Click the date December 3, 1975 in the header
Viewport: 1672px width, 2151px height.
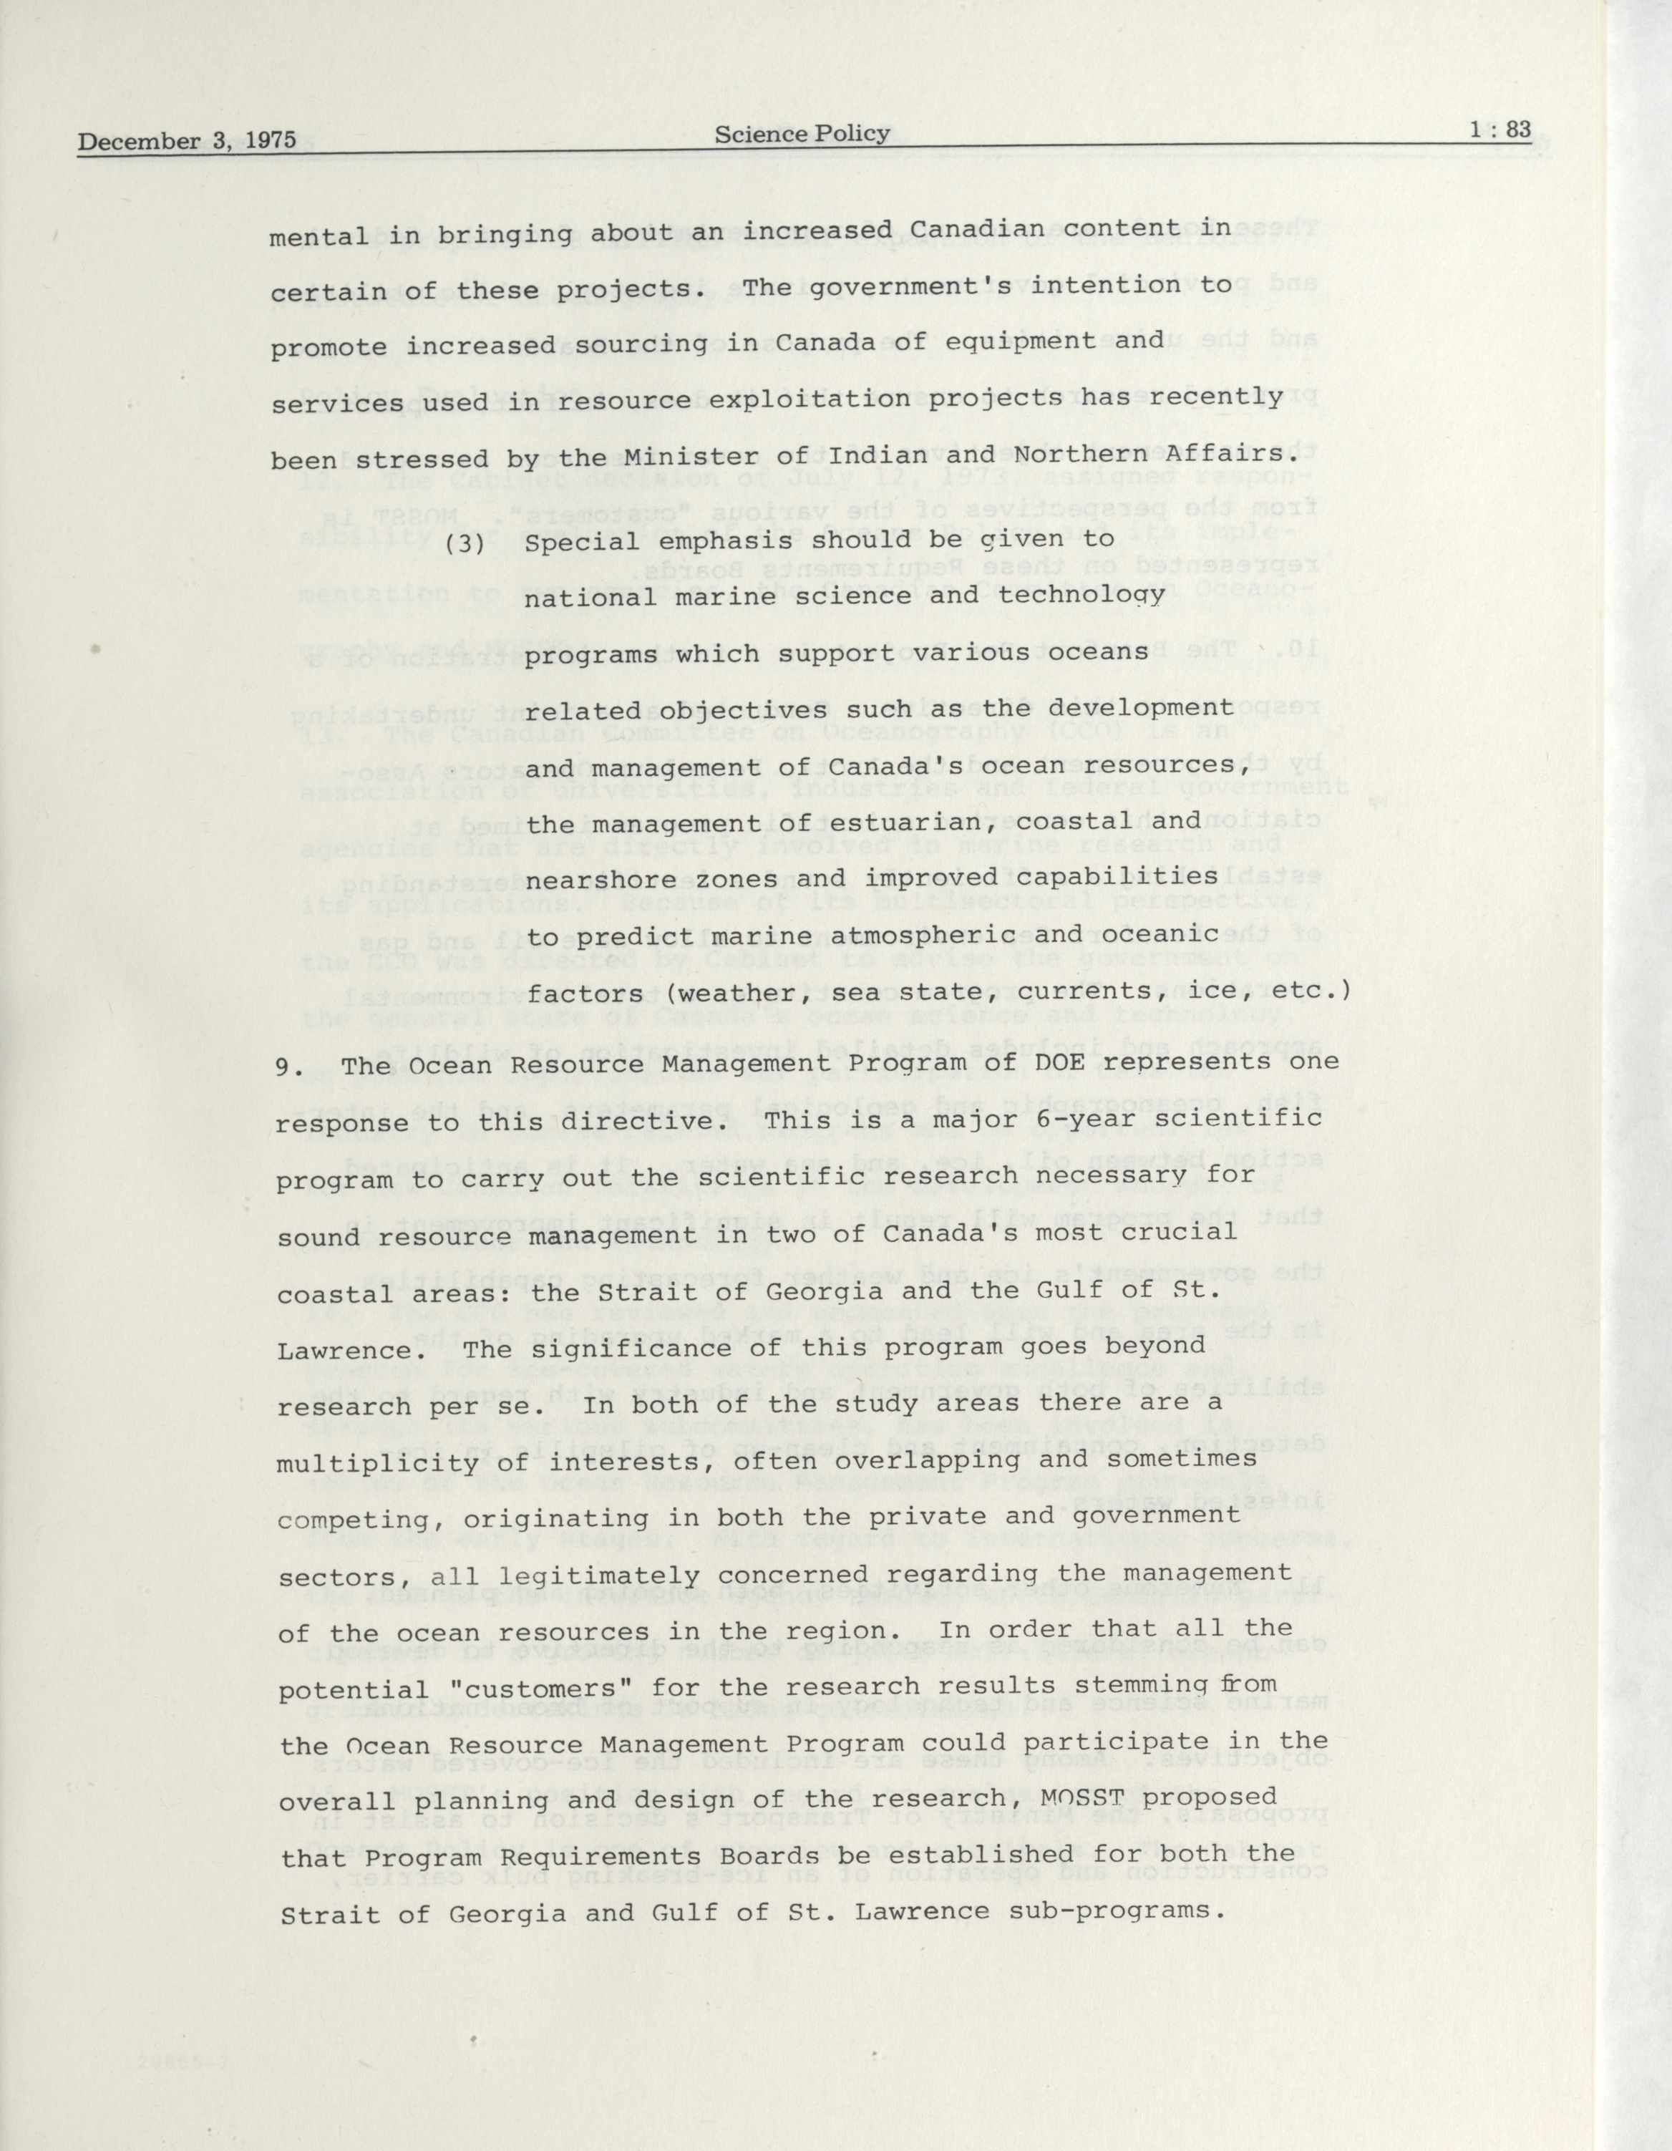pyautogui.click(x=187, y=140)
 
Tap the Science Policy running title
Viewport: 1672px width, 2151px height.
pyautogui.click(x=802, y=133)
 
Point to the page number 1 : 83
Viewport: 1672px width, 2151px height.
pyautogui.click(x=1501, y=129)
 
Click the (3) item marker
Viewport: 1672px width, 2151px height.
pyautogui.click(x=465, y=543)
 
